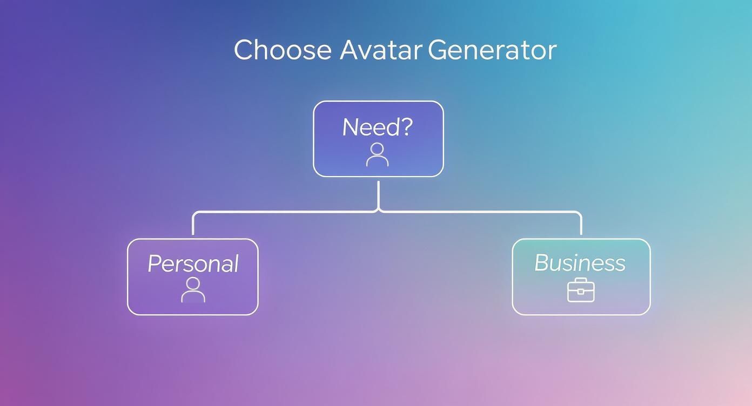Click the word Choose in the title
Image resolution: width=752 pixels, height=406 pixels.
pyautogui.click(x=283, y=50)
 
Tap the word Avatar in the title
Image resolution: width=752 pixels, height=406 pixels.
pyautogui.click(x=380, y=50)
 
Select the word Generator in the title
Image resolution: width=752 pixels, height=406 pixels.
pyautogui.click(x=492, y=50)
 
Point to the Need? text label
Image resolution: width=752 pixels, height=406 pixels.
pyautogui.click(x=378, y=127)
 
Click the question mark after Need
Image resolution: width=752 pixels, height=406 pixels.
pyautogui.click(x=406, y=127)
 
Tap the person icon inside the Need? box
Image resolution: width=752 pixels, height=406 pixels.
pyautogui.click(x=377, y=154)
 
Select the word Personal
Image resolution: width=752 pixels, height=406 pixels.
pyautogui.click(x=193, y=264)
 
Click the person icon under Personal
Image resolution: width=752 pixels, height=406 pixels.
pyautogui.click(x=193, y=290)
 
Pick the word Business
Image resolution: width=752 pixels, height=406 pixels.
pyautogui.click(x=580, y=263)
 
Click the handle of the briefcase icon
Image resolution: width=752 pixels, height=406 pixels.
pyautogui.click(x=581, y=280)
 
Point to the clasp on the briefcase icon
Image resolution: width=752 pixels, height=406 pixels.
pyautogui.click(x=581, y=292)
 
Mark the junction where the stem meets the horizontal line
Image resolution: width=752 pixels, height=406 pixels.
pyautogui.click(x=378, y=211)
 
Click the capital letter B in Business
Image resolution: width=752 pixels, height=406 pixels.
pyautogui.click(x=542, y=263)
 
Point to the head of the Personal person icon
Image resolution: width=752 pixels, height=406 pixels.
pyautogui.click(x=193, y=283)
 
